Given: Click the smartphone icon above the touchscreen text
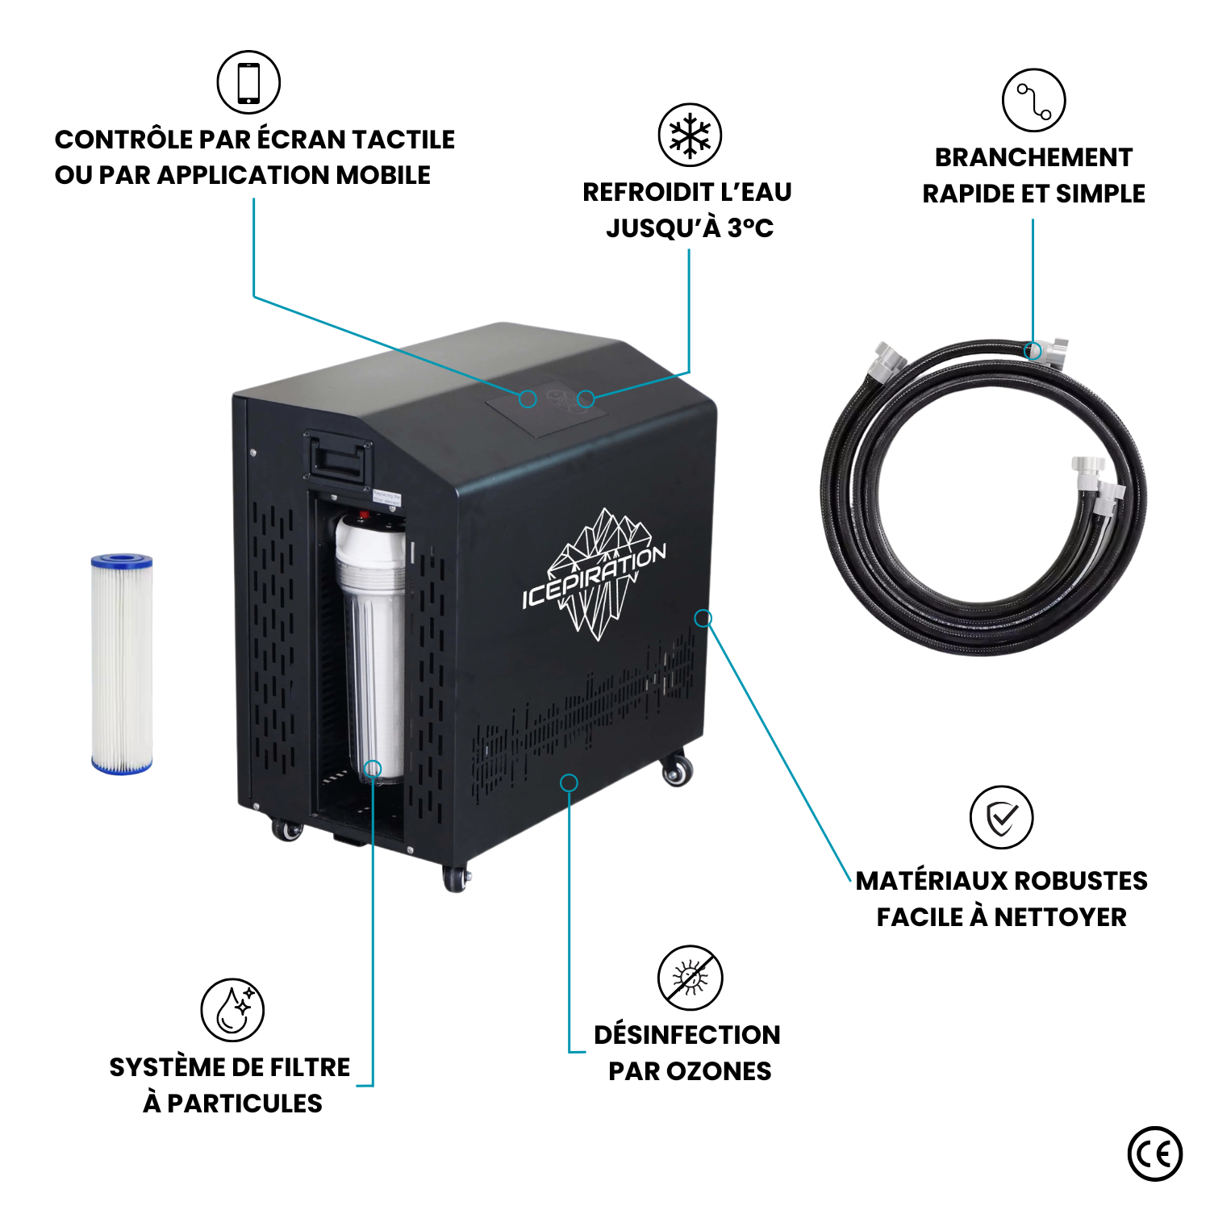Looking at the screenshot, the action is [248, 82].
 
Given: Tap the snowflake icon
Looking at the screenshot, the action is [690, 135].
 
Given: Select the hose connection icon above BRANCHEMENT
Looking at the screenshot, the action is [1033, 101].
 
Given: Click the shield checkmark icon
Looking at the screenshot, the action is [1001, 818].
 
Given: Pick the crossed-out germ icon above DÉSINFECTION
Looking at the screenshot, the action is [690, 978].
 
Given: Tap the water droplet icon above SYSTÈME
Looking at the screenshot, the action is [232, 1010].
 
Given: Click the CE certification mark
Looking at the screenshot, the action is [1155, 1154].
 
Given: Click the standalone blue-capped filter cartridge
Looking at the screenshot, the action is [122, 664].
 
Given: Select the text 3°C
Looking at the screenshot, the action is [750, 228].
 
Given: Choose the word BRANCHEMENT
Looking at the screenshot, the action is [1033, 158].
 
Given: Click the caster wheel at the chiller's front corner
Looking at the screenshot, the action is [456, 878].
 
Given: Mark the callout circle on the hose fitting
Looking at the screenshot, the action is [1032, 351].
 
